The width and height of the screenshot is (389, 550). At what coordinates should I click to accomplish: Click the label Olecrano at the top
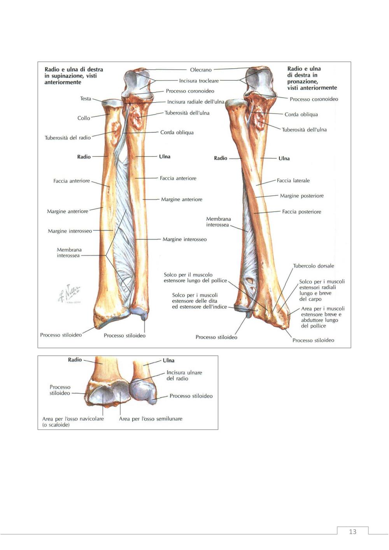pos(201,70)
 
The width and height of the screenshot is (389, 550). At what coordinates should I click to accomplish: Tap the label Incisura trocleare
pos(199,81)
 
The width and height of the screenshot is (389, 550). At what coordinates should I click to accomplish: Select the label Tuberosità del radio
pos(68,138)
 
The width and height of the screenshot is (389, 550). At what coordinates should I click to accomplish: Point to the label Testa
pos(86,98)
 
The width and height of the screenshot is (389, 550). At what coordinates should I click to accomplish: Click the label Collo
pos(84,118)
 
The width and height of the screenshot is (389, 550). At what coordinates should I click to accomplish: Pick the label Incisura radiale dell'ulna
pos(196,102)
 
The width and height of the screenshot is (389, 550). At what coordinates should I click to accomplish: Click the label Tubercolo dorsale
pos(314,266)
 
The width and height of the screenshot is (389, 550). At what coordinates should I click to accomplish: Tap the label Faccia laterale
pos(293,181)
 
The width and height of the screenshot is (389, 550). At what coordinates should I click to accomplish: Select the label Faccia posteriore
pos(301,212)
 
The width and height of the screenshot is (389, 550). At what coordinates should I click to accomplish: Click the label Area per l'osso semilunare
pos(151,419)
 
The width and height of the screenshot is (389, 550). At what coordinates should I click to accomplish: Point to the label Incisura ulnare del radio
pos(184,375)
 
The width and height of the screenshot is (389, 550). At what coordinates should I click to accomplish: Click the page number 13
pos(353,532)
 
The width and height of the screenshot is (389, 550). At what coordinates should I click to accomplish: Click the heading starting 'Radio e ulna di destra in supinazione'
pos(74,76)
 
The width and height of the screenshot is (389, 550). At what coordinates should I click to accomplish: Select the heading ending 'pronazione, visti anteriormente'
pos(312,78)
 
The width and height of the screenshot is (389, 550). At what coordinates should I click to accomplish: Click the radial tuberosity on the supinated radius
pos(116,134)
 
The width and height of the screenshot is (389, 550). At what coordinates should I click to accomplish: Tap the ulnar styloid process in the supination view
pos(144,317)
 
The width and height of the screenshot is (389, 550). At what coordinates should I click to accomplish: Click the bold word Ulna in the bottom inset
pos(168,361)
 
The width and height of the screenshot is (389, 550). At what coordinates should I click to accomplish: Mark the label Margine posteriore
pos(302,196)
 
